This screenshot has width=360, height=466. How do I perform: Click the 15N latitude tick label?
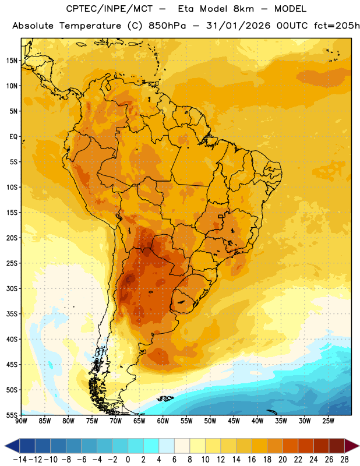(x=12, y=61)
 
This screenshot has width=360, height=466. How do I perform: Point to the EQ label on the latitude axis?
(x=13, y=137)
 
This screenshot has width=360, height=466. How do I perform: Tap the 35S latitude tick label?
(x=12, y=314)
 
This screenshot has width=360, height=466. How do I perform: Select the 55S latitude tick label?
(x=12, y=415)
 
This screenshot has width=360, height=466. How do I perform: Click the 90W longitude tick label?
(x=21, y=421)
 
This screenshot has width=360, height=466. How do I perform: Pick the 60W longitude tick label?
(x=163, y=421)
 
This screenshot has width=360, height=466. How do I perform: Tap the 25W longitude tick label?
(x=328, y=421)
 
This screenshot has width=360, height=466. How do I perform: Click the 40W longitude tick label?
(x=257, y=421)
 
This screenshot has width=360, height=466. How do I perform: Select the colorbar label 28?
(x=344, y=460)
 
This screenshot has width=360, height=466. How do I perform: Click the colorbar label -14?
(x=20, y=460)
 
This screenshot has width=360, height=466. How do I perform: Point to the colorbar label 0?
(x=128, y=460)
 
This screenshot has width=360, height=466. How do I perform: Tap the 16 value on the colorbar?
(x=252, y=460)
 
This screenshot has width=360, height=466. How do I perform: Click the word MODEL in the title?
(x=290, y=9)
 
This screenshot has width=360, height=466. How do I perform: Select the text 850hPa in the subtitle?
(x=167, y=26)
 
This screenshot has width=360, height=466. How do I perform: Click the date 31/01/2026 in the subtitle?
(x=238, y=26)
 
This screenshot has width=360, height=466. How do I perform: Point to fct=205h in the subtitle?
(x=337, y=26)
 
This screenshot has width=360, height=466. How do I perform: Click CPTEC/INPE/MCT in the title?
(x=110, y=9)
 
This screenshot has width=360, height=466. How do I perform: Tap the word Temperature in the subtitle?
(x=90, y=26)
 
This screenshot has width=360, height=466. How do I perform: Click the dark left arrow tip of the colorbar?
(x=5, y=446)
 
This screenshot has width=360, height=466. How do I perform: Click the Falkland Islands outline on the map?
(x=165, y=398)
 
